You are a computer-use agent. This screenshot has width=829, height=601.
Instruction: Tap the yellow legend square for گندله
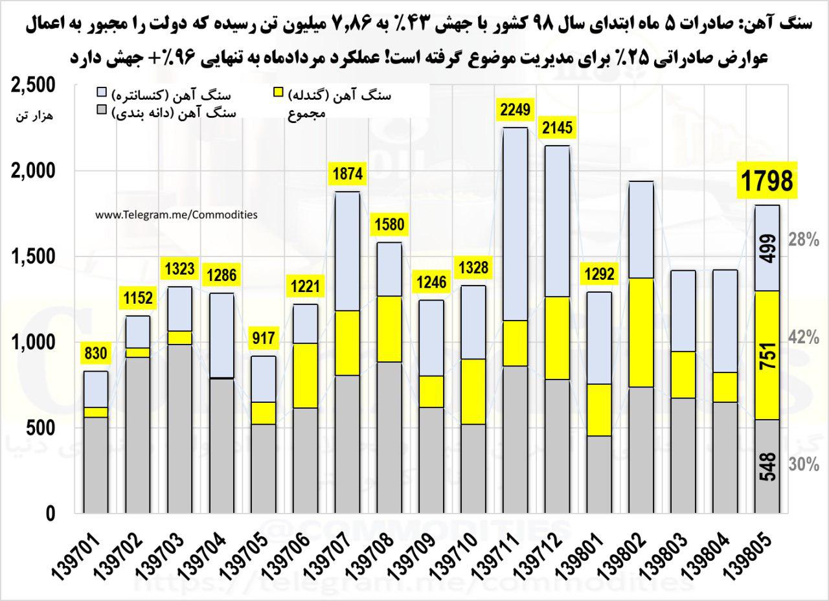[x=277, y=93]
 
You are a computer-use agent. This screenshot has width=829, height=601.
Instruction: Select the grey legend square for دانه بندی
[x=101, y=110]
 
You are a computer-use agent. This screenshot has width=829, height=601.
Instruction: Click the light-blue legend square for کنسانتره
[x=101, y=93]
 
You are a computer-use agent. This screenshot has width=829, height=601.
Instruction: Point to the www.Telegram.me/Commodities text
[x=176, y=214]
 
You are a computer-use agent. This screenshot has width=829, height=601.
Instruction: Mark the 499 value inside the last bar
[x=769, y=249]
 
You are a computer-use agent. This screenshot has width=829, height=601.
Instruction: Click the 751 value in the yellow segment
[x=769, y=355]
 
